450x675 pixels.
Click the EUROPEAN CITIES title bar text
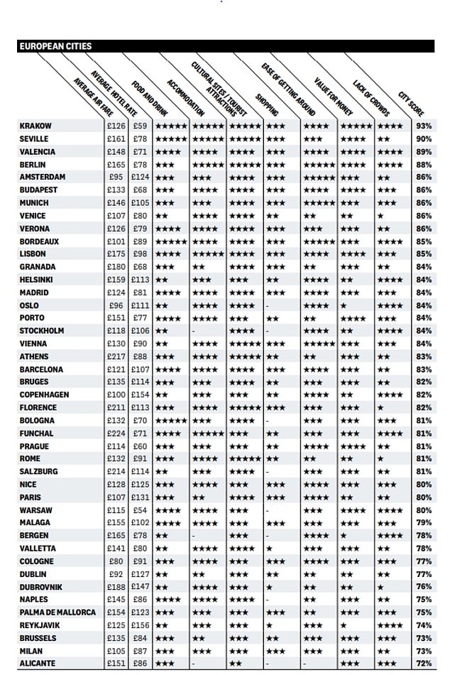[x=55, y=46]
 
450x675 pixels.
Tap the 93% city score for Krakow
[x=424, y=126]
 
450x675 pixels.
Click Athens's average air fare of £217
[x=116, y=357]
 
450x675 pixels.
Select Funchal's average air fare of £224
[x=116, y=434]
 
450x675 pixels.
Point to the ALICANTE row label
[x=38, y=664]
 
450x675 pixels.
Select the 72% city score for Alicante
[x=424, y=664]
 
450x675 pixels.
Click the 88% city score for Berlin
[x=424, y=165]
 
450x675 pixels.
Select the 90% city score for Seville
[x=424, y=139]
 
